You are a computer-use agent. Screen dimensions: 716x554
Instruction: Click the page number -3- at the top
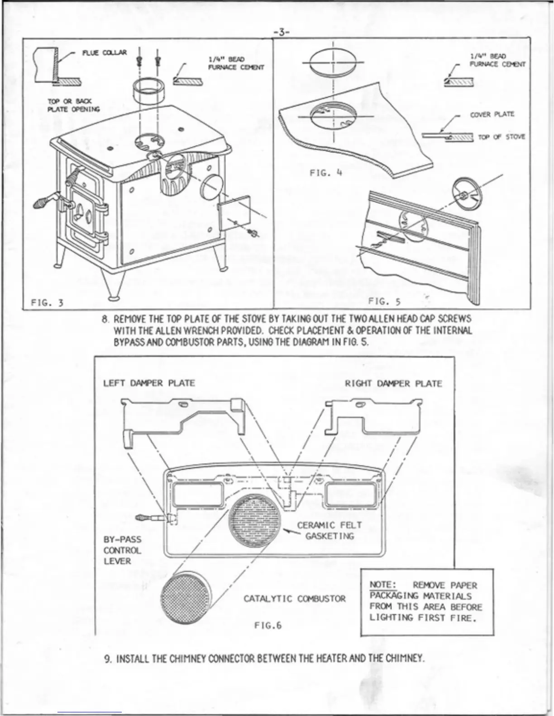pyautogui.click(x=282, y=32)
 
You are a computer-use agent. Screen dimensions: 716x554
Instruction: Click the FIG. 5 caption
pyautogui.click(x=384, y=301)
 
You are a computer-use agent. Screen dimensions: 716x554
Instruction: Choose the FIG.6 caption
pyautogui.click(x=267, y=626)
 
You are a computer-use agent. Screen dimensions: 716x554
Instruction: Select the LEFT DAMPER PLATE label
pyautogui.click(x=149, y=383)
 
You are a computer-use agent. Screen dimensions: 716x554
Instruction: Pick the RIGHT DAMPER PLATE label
pyautogui.click(x=393, y=384)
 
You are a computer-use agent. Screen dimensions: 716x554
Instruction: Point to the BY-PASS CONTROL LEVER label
pyautogui.click(x=122, y=550)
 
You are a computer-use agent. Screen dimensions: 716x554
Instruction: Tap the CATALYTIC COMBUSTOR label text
pyautogui.click(x=294, y=599)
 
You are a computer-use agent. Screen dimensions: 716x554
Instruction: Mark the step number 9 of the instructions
pyautogui.click(x=107, y=658)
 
